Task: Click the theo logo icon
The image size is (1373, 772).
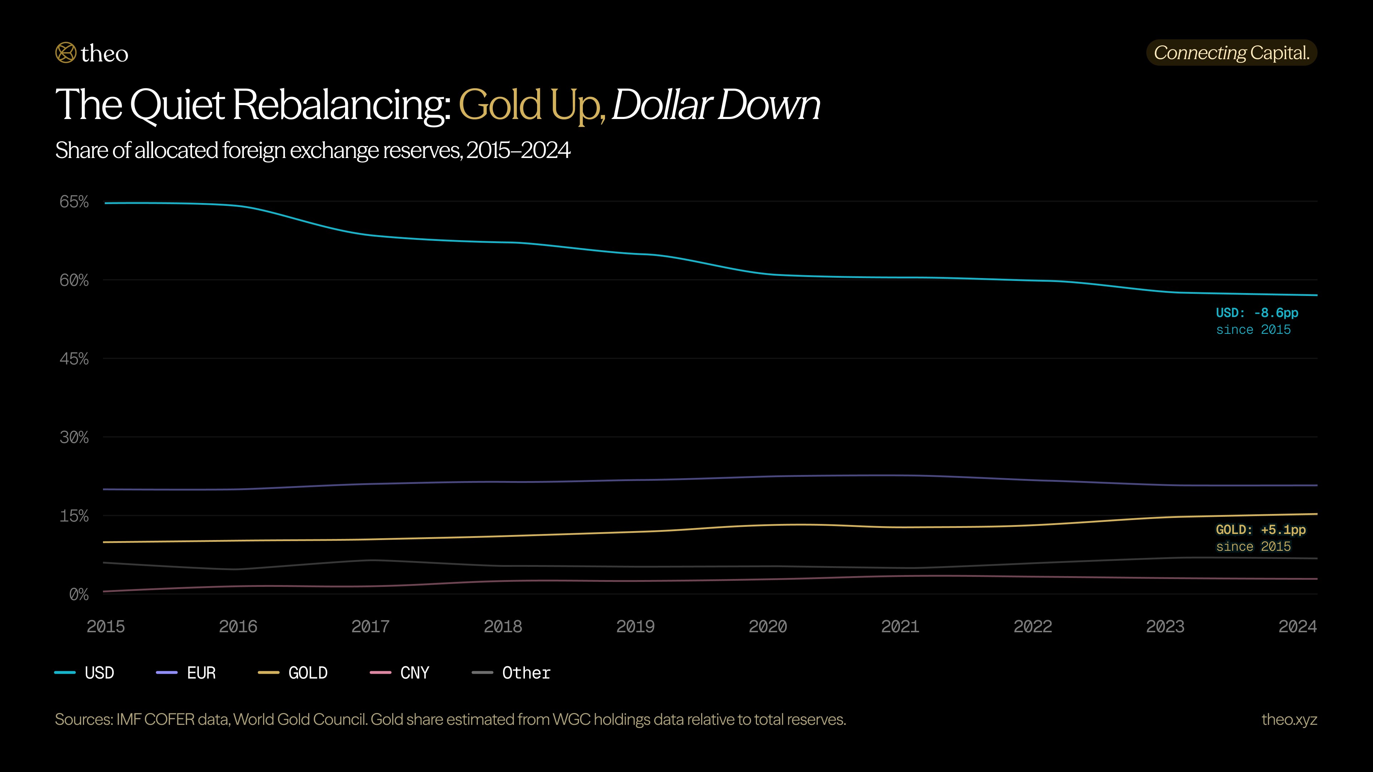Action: (65, 53)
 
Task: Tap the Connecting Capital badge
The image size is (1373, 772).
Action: (1231, 53)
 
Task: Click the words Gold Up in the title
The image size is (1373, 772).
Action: (531, 105)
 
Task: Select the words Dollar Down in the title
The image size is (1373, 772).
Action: (716, 105)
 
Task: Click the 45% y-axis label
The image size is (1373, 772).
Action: (74, 358)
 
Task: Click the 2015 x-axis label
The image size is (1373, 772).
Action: (105, 626)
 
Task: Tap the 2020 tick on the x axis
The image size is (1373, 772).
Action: (768, 626)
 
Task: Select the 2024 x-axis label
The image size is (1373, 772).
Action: (1297, 626)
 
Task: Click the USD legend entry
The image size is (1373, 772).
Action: (85, 673)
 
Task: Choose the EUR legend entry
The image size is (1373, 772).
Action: (187, 673)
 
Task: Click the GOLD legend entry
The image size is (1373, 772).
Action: (293, 673)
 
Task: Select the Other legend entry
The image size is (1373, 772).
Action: (512, 673)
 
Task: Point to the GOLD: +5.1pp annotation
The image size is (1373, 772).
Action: (1260, 530)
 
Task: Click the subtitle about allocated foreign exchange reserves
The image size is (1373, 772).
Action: (313, 150)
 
